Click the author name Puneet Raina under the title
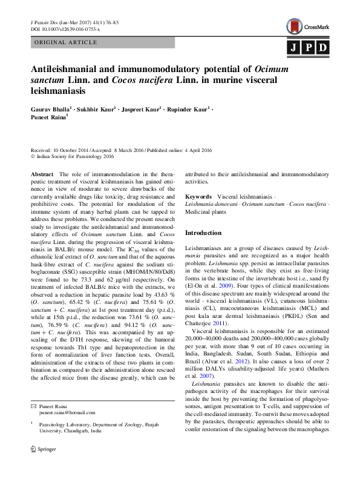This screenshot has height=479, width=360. [x=48, y=119]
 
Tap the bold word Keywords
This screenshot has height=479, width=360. [x=198, y=197]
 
